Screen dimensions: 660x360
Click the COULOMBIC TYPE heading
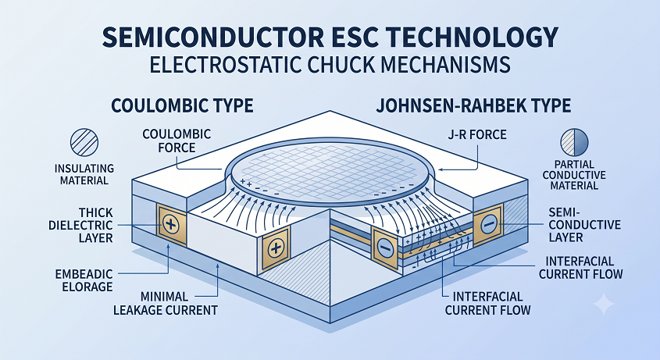point(182,105)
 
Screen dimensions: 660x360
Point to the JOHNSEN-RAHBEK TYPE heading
point(473,105)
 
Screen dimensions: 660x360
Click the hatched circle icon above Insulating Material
point(84,142)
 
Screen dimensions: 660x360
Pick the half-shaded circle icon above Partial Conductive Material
point(574,142)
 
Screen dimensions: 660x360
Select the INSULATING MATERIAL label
point(84,174)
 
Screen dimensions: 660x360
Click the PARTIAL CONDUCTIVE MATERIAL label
point(574,175)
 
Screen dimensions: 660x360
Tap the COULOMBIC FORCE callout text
point(177,141)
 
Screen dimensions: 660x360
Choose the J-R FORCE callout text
point(478,135)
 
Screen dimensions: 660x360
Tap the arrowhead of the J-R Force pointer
point(441,169)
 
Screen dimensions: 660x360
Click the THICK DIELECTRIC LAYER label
point(80,225)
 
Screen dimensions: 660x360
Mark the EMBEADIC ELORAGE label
point(84,280)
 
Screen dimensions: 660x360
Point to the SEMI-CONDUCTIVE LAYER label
point(585,224)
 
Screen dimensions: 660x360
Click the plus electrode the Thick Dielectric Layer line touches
point(170,225)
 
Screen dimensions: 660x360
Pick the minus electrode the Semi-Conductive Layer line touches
point(487,225)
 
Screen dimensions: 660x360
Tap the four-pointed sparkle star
point(604,304)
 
